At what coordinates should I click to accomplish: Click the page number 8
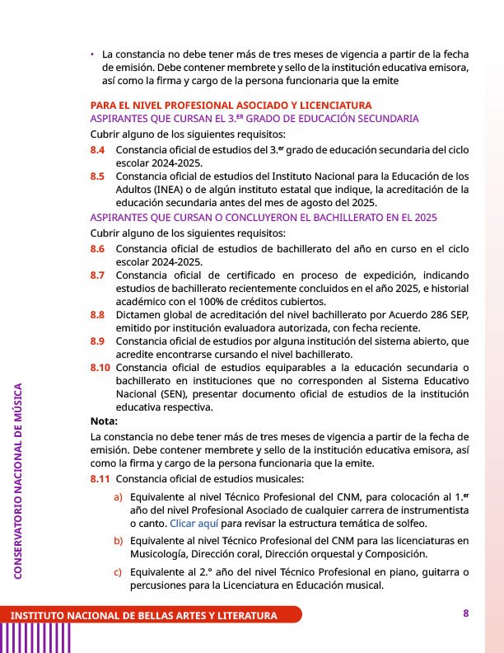click(x=465, y=613)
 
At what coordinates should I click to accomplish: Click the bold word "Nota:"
click(x=104, y=420)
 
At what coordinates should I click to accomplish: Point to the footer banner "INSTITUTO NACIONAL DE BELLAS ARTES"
click(x=143, y=616)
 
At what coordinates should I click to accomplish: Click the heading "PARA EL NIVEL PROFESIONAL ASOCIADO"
click(x=231, y=106)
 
